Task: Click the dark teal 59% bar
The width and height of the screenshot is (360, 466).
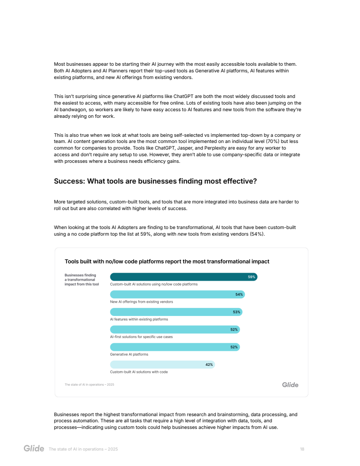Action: click(183, 277)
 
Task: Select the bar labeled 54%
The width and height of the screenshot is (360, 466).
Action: click(176, 294)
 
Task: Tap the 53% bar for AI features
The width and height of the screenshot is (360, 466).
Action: click(176, 312)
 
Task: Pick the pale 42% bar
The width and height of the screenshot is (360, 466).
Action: click(162, 365)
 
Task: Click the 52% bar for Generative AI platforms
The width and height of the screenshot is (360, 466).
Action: click(174, 347)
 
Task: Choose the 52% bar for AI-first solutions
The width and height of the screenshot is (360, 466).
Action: click(174, 329)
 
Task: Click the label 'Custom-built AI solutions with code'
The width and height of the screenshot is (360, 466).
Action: click(139, 372)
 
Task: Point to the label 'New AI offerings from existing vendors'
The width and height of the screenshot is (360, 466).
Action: click(141, 302)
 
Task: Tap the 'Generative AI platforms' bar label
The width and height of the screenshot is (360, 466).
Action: click(129, 354)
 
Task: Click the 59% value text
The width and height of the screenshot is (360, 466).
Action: click(251, 277)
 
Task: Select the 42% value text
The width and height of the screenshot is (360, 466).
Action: click(209, 365)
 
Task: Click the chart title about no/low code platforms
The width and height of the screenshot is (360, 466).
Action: click(167, 261)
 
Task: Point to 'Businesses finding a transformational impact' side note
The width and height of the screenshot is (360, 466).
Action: click(82, 280)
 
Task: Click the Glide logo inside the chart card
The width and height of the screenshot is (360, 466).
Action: click(290, 385)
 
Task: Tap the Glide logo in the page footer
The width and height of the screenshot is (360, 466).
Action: click(34, 449)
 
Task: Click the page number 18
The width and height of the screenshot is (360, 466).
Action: click(302, 449)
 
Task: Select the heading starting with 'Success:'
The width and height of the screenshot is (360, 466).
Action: click(155, 181)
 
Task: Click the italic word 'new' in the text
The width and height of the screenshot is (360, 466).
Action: click(182, 234)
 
